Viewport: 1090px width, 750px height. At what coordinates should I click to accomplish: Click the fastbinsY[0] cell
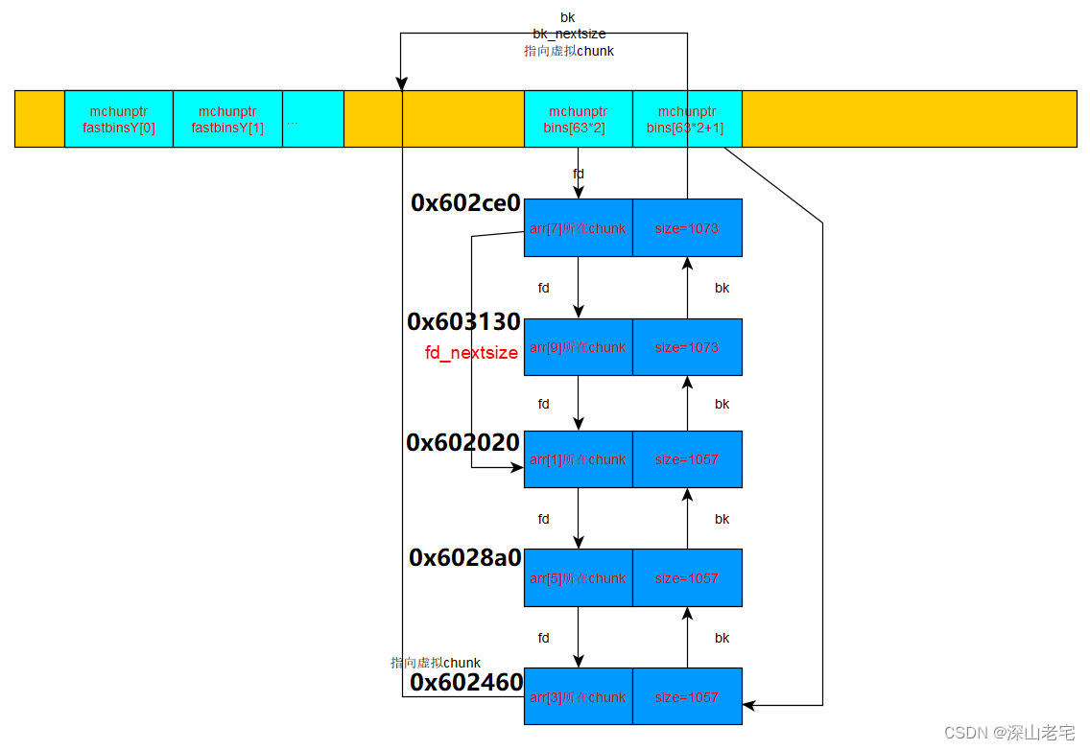click(x=119, y=119)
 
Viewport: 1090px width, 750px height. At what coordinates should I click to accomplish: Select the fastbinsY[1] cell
click(x=227, y=119)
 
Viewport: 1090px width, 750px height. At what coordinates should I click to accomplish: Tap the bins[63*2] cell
click(x=578, y=119)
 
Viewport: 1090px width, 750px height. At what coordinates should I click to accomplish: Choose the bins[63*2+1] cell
click(x=687, y=119)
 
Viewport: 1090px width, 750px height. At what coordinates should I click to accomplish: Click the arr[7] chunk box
click(x=578, y=228)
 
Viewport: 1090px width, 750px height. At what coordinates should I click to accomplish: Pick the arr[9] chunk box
click(x=578, y=347)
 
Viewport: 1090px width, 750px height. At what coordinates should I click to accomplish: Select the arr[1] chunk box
click(x=578, y=459)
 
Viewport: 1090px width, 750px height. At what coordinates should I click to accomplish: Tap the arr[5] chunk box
click(x=578, y=578)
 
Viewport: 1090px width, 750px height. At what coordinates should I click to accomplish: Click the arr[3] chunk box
click(x=578, y=697)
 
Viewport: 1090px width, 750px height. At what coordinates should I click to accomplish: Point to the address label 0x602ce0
click(x=465, y=202)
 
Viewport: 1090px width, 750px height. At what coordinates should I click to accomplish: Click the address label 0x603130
click(x=463, y=321)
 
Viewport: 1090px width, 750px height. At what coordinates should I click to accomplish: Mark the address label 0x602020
click(x=462, y=442)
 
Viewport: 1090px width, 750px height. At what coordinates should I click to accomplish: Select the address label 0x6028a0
click(x=464, y=557)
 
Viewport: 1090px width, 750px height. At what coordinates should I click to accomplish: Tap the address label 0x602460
click(x=466, y=682)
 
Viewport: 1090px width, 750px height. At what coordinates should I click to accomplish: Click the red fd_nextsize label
click(x=471, y=353)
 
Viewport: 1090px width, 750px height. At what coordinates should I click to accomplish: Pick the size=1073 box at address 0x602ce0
click(x=687, y=228)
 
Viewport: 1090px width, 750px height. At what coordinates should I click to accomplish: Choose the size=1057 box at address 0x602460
click(x=687, y=697)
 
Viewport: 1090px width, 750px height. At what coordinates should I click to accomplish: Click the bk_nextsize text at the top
click(x=569, y=35)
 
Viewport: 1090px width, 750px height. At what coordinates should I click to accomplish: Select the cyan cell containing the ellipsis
click(x=313, y=119)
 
